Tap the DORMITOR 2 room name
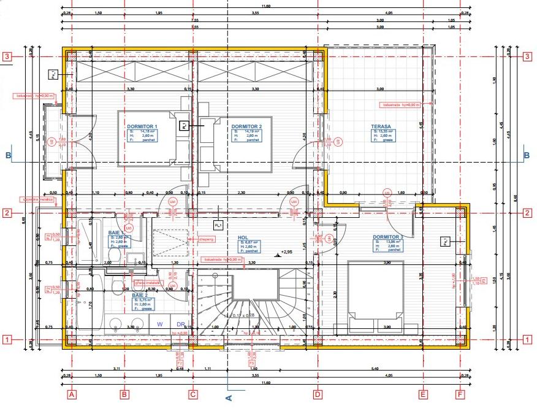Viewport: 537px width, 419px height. click(x=246, y=127)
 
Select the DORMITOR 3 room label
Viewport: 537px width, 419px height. click(x=388, y=237)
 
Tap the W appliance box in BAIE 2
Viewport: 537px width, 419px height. click(x=160, y=323)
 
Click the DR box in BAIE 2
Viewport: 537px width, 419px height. click(x=181, y=323)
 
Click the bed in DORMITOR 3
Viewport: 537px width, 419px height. click(x=375, y=290)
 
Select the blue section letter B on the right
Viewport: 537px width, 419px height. click(x=527, y=156)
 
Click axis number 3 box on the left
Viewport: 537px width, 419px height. click(x=7, y=56)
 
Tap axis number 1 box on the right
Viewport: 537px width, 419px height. click(x=527, y=339)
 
